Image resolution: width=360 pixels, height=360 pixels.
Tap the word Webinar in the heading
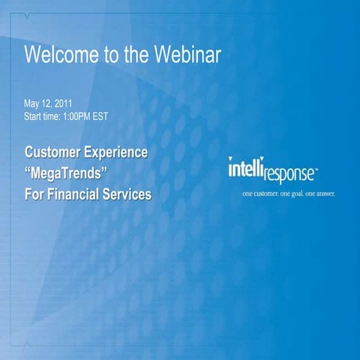point(188,55)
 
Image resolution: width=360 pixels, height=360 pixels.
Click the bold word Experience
point(116,153)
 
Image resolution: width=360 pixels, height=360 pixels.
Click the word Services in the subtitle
point(128,195)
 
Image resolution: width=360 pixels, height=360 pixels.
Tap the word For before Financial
point(34,195)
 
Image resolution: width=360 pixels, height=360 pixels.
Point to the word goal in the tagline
point(299,194)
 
